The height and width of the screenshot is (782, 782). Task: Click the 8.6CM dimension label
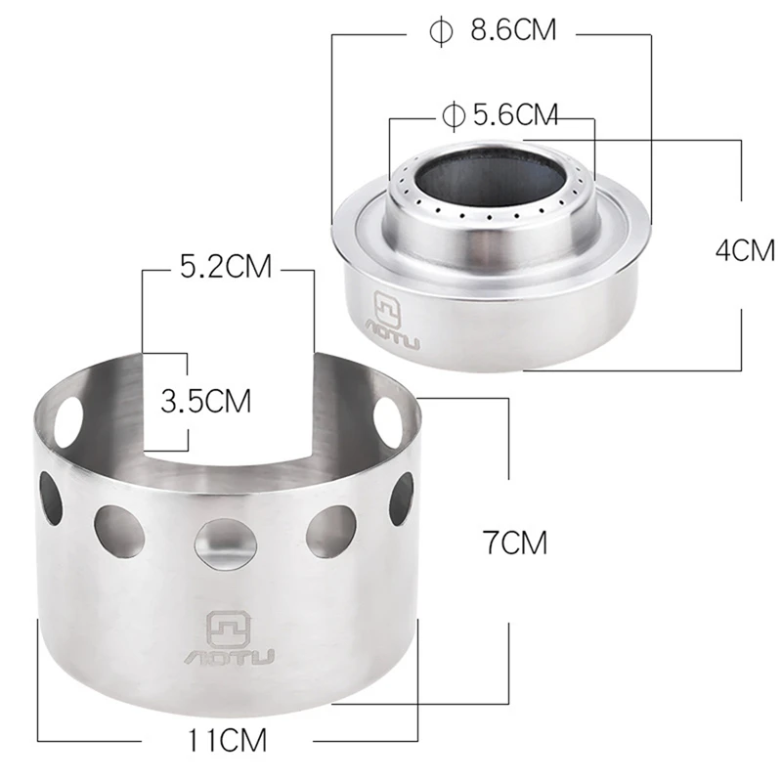click(x=513, y=30)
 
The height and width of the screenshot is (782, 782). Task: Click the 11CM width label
click(x=229, y=740)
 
